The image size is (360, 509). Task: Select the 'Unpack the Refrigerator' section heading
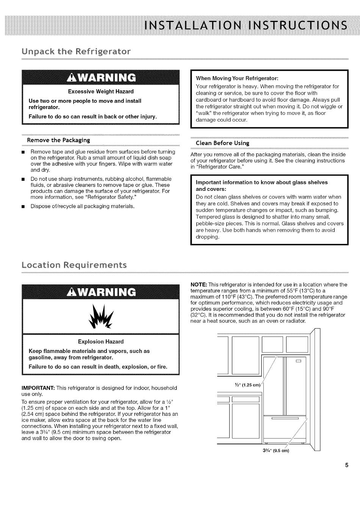click(77, 51)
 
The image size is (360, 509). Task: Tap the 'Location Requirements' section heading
click(74, 264)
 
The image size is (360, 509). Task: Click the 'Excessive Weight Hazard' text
click(101, 91)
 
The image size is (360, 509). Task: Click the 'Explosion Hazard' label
click(101, 342)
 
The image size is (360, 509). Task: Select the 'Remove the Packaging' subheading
click(58, 140)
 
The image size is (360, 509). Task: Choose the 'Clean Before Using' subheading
click(222, 143)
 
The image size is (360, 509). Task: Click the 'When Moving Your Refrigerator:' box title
click(237, 78)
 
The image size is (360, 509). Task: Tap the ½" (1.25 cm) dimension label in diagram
click(248, 385)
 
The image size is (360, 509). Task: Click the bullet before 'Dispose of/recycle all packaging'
click(23, 207)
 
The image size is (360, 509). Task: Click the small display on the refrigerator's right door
click(298, 361)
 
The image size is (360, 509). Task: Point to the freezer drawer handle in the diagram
click(285, 418)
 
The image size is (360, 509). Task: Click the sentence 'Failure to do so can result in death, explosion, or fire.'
click(98, 367)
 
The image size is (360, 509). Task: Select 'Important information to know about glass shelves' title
click(261, 182)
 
